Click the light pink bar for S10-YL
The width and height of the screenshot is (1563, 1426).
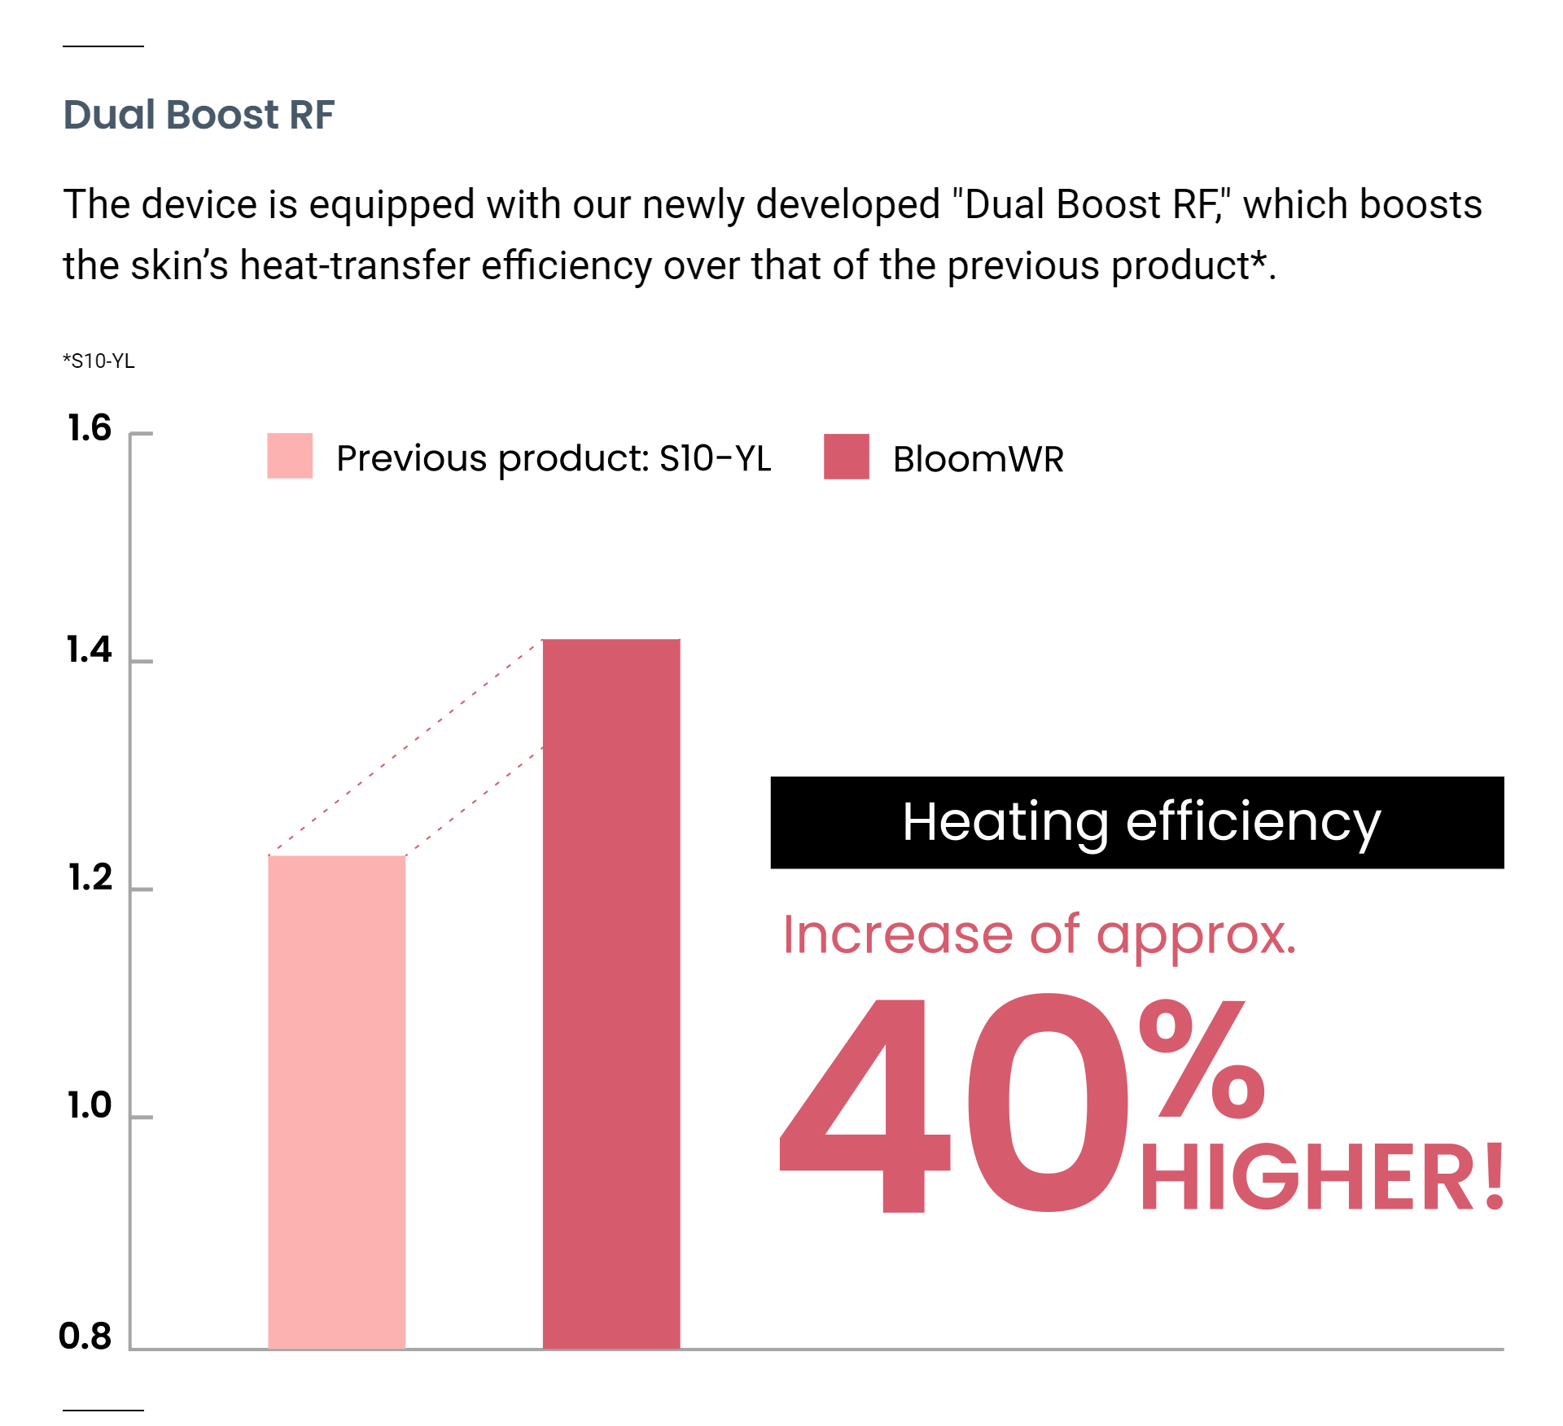(336, 1102)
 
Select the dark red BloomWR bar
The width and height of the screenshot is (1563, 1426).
(611, 994)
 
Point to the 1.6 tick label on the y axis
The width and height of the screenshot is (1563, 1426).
(89, 428)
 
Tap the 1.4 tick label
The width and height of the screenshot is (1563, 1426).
(89, 650)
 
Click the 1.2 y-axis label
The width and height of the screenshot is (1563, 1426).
(90, 877)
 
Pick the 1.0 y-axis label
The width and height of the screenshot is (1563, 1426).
(89, 1105)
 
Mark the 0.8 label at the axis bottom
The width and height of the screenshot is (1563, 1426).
(85, 1336)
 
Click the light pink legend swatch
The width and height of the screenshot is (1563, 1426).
(290, 456)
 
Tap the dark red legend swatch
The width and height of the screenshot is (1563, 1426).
(847, 457)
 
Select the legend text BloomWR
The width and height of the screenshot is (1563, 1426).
(979, 459)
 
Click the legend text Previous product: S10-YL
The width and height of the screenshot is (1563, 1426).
(554, 459)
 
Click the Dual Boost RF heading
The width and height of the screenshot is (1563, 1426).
(199, 115)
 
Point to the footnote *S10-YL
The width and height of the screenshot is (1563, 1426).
(99, 361)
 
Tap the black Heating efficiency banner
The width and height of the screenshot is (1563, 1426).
(1137, 822)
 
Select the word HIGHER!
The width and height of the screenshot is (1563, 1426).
(1322, 1177)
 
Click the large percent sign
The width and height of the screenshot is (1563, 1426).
(1202, 1059)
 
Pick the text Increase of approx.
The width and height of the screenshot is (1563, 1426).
(1040, 936)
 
